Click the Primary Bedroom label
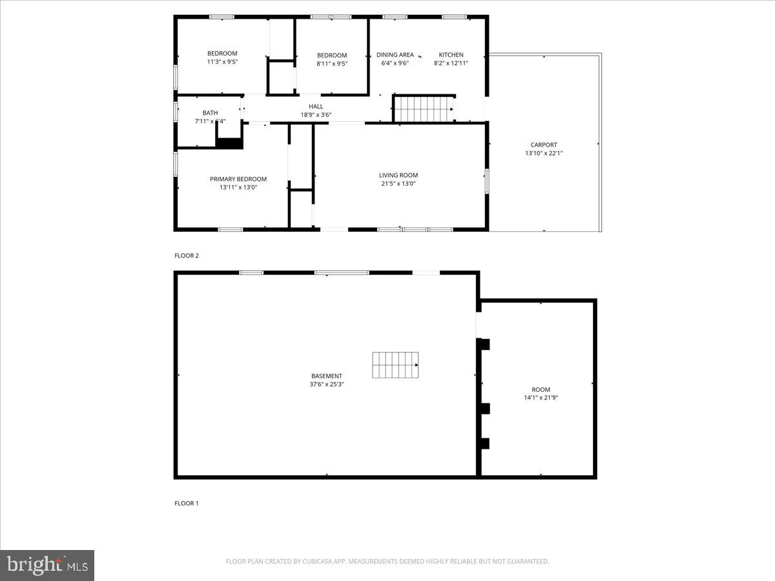[238, 179]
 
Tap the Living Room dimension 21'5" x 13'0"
[398, 183]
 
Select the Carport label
[544, 145]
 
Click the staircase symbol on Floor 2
[424, 108]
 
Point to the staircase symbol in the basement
[395, 365]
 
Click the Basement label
[326, 376]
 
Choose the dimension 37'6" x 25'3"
[326, 384]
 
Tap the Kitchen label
[451, 55]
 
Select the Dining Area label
[395, 55]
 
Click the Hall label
[316, 107]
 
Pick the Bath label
[210, 113]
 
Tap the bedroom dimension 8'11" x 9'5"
[332, 64]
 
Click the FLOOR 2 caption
[187, 256]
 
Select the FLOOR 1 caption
[187, 503]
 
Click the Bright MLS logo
[47, 565]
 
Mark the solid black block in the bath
[229, 143]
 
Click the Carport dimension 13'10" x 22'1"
[544, 154]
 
